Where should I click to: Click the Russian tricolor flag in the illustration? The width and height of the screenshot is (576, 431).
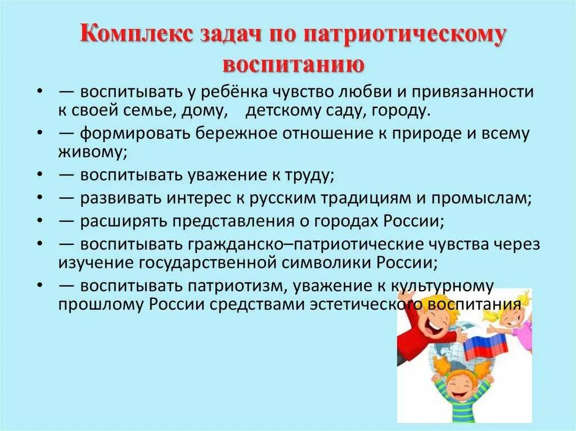[484, 343]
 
